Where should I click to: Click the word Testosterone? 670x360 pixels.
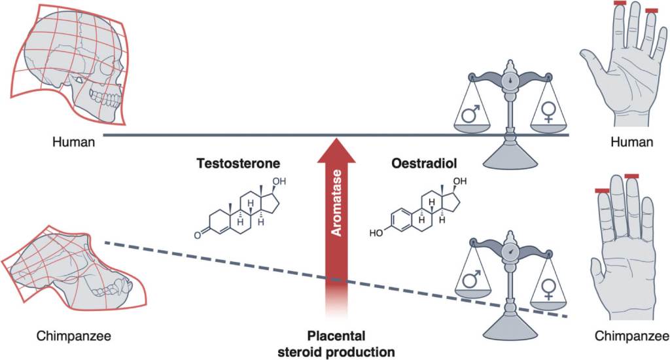click(236, 162)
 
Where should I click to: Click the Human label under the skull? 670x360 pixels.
click(77, 142)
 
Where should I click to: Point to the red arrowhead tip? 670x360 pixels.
click(336, 139)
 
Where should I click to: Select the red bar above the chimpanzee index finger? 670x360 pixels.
click(602, 190)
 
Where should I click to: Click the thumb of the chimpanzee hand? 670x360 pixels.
click(596, 268)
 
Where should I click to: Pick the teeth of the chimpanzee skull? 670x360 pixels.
click(102, 287)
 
